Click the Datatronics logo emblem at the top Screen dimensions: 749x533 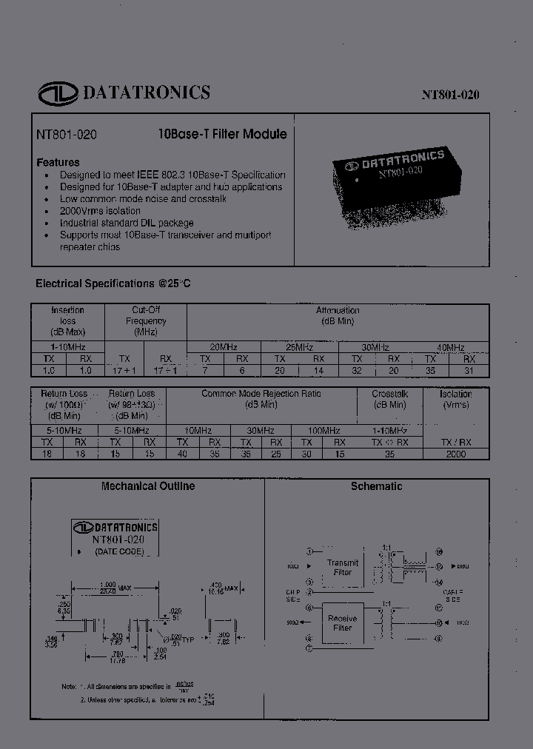[x=58, y=93]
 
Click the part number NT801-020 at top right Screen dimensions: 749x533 [x=451, y=95]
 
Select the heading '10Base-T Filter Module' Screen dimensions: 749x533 [x=223, y=135]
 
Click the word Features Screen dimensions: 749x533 [x=58, y=162]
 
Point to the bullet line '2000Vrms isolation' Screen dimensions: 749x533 [x=100, y=211]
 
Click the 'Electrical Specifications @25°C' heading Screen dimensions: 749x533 [x=113, y=283]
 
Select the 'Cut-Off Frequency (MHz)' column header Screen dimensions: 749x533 [x=146, y=320]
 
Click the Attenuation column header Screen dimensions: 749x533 [x=338, y=315]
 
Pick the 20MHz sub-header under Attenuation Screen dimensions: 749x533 [x=224, y=347]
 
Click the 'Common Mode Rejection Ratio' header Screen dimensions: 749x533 [x=261, y=399]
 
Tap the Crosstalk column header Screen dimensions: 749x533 [x=389, y=399]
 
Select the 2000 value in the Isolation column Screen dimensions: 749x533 [x=455, y=454]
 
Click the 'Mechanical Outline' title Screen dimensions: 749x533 [x=147, y=486]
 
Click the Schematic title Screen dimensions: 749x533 [x=376, y=486]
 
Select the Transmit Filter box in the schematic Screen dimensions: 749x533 [x=342, y=567]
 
